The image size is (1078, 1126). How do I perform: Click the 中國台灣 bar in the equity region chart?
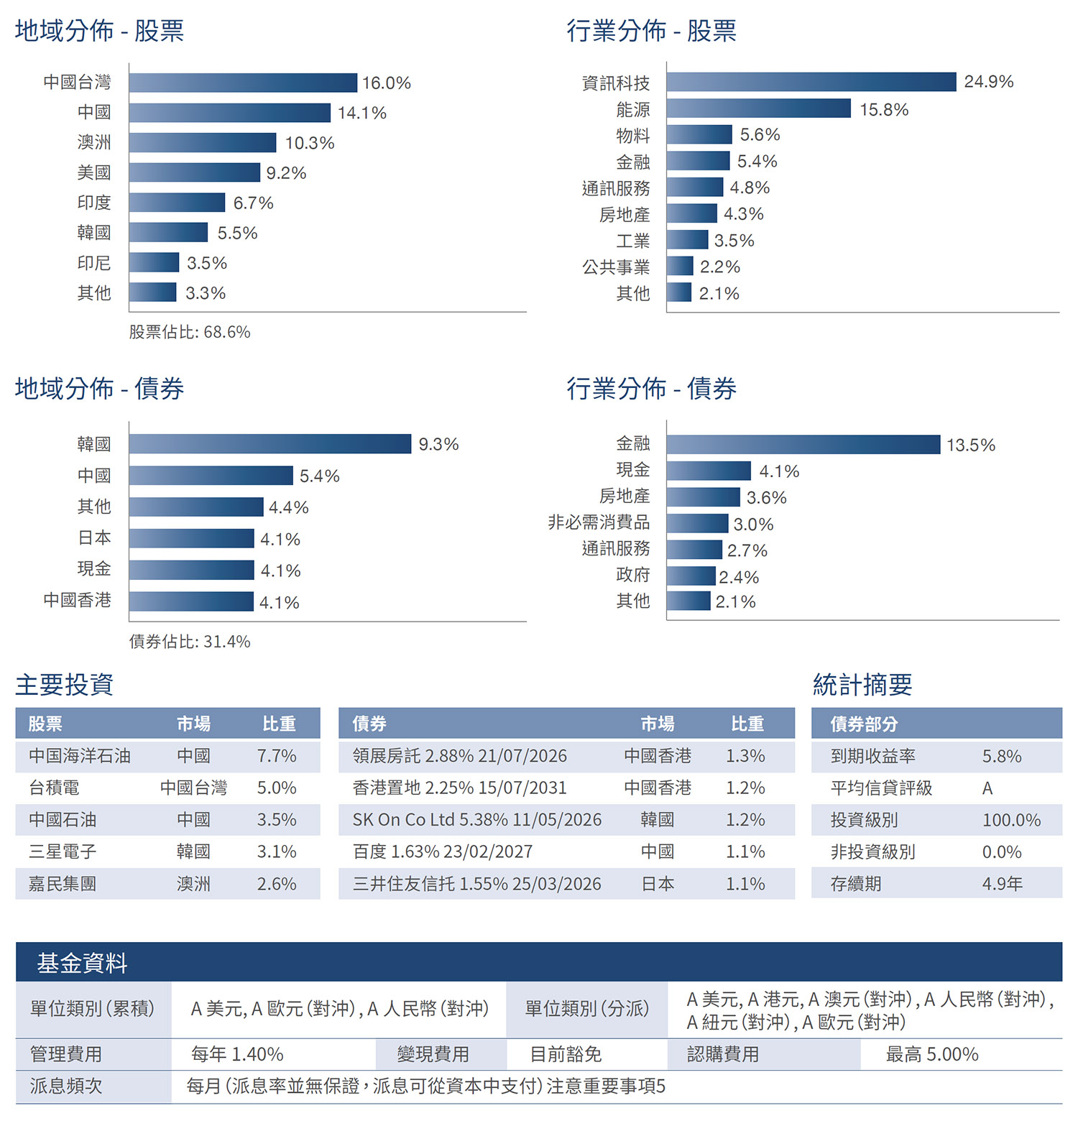click(x=243, y=83)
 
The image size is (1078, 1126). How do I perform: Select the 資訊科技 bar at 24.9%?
click(x=811, y=82)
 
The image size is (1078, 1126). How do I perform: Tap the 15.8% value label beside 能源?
click(x=884, y=109)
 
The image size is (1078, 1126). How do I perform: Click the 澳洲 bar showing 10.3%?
click(x=203, y=142)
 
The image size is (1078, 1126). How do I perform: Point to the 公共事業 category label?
click(x=616, y=267)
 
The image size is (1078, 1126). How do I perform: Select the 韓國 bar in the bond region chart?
click(x=270, y=444)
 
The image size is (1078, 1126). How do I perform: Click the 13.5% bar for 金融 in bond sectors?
click(x=803, y=445)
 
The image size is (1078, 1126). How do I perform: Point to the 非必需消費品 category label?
click(x=599, y=522)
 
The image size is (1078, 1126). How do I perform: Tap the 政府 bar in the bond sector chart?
click(x=691, y=576)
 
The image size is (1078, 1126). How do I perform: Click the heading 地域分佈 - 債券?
click(x=99, y=389)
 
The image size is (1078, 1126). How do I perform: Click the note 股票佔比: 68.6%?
click(x=190, y=332)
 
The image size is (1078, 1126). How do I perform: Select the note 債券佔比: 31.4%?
click(x=190, y=642)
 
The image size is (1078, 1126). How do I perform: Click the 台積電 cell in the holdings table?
click(x=54, y=788)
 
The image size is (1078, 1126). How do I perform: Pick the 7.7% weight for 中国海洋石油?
click(x=277, y=756)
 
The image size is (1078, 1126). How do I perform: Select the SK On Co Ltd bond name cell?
click(x=476, y=820)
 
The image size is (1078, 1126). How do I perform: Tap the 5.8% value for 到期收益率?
click(x=1002, y=757)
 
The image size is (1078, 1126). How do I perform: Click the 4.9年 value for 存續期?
click(x=1002, y=884)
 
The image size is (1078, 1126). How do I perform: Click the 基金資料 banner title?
click(x=82, y=963)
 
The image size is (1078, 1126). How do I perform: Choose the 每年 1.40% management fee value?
click(x=237, y=1055)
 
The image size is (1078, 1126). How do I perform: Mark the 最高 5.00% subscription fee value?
click(x=932, y=1055)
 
